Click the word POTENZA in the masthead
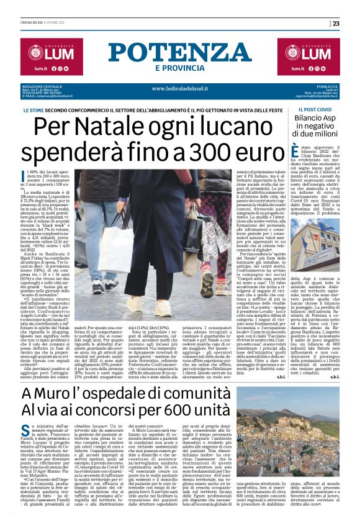[180, 53]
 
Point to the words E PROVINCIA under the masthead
[180, 68]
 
